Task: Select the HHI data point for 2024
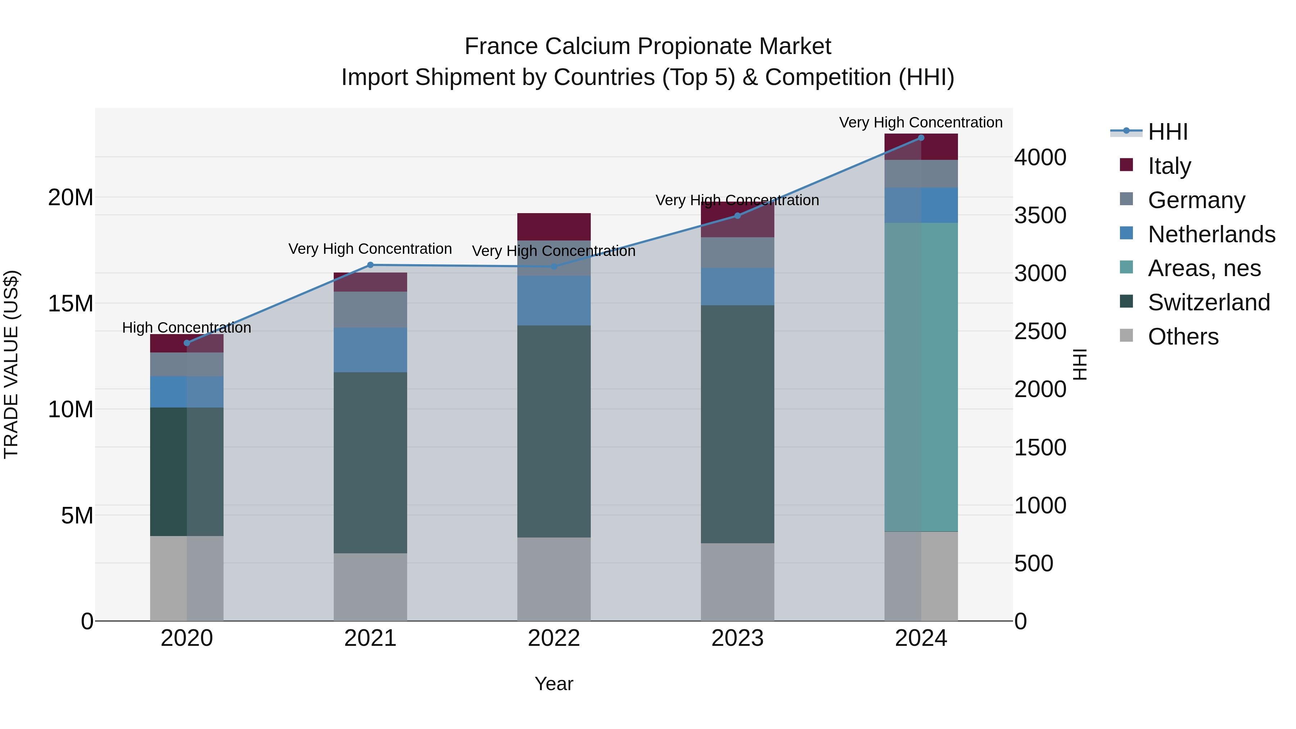[x=921, y=138]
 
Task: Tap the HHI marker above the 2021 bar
[x=370, y=265]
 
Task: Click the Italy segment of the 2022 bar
[x=554, y=226]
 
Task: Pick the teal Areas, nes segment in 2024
[x=921, y=377]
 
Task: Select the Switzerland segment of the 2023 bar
[x=738, y=424]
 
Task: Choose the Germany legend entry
[x=1196, y=200]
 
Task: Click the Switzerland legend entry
[x=1209, y=302]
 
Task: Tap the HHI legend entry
[x=1167, y=132]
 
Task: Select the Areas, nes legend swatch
[x=1126, y=267]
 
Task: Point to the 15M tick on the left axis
[x=71, y=303]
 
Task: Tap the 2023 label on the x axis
[x=738, y=638]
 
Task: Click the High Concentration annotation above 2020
[x=186, y=328]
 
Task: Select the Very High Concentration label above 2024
[x=921, y=122]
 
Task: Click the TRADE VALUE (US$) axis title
[x=11, y=364]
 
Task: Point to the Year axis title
[x=554, y=684]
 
